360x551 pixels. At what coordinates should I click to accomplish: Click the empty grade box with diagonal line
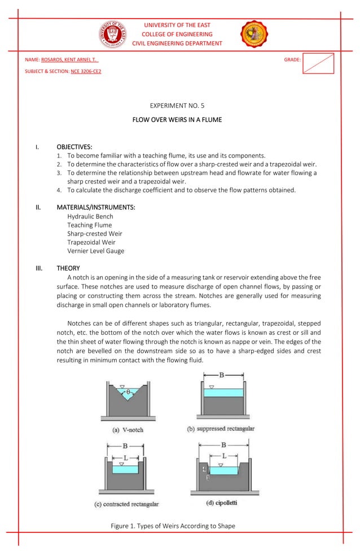click(x=318, y=63)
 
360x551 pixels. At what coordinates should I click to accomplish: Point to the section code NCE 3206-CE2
click(x=86, y=72)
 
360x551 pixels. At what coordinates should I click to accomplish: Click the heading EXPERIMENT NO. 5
click(x=177, y=106)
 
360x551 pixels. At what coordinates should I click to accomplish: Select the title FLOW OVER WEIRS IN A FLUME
click(x=177, y=120)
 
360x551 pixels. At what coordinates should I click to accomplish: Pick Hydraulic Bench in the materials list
click(x=90, y=216)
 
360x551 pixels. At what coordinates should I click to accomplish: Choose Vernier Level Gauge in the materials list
click(x=95, y=251)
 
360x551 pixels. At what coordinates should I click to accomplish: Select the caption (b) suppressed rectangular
click(x=221, y=429)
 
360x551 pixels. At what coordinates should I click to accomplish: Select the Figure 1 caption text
click(x=173, y=526)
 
